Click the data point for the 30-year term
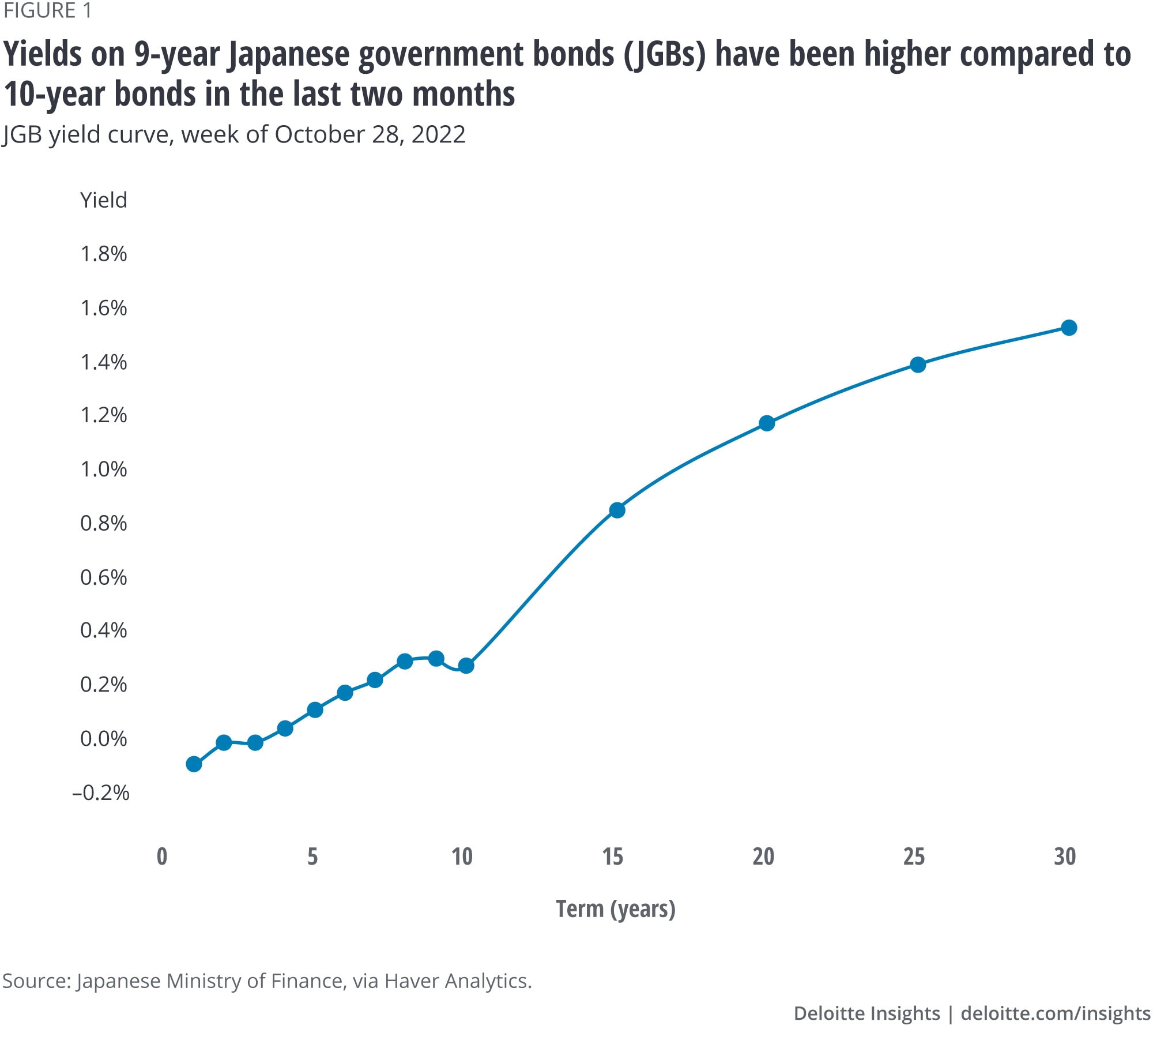(1069, 328)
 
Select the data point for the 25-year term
(918, 365)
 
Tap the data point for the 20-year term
(767, 423)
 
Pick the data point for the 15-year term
(617, 510)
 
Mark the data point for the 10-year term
(466, 666)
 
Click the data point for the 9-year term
(436, 658)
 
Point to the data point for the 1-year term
(194, 764)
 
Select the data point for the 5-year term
(315, 709)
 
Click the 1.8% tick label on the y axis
(104, 254)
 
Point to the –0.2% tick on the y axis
(101, 793)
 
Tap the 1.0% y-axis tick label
(104, 469)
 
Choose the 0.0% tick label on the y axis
(104, 738)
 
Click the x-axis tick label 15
(613, 857)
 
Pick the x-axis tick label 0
(162, 857)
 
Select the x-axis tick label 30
(1065, 857)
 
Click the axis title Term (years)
(615, 909)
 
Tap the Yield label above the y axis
(104, 200)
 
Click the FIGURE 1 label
(47, 11)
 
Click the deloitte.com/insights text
(1056, 1013)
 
